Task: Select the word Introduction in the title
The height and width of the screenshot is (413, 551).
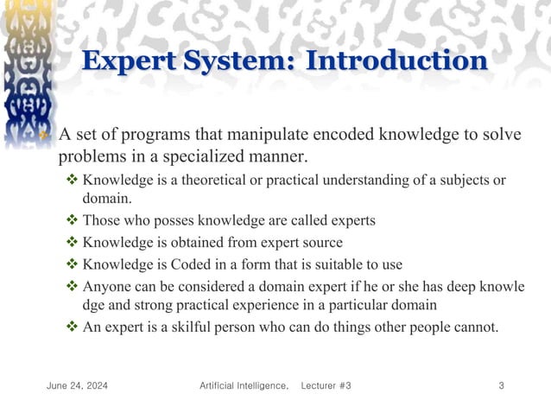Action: tap(397, 62)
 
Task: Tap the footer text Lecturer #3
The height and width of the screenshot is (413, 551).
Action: tap(326, 384)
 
